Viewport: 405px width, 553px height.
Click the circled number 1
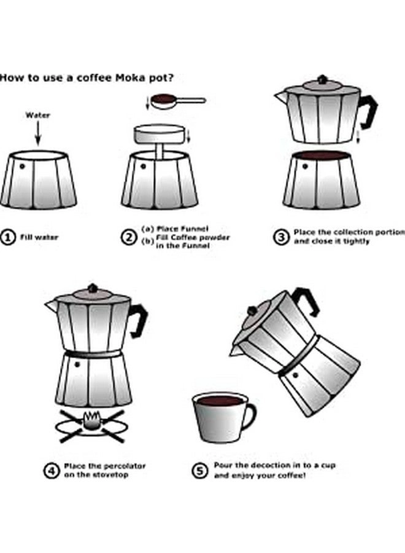point(8,237)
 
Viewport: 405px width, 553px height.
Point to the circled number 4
point(51,471)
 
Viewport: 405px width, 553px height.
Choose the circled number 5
point(200,471)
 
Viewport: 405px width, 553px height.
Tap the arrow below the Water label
point(37,132)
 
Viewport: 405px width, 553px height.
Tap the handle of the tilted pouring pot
point(306,301)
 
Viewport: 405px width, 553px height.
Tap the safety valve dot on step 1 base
point(21,166)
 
